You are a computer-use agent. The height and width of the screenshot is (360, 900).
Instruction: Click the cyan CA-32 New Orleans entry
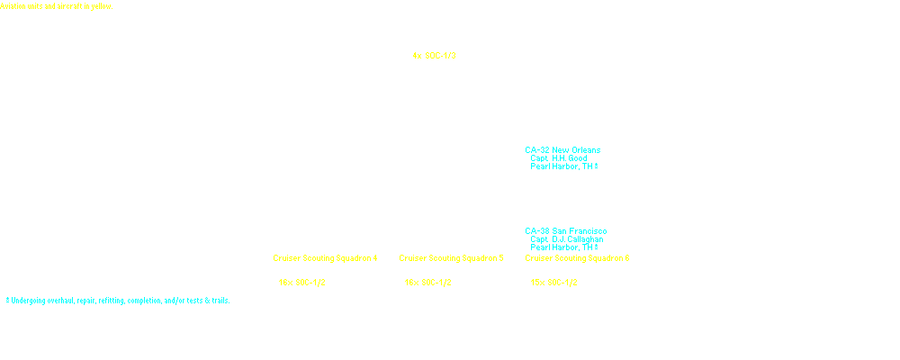[562, 150]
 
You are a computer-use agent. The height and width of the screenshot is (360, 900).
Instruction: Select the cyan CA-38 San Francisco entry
[566, 231]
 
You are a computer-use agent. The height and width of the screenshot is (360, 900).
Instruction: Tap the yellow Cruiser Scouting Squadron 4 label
[325, 258]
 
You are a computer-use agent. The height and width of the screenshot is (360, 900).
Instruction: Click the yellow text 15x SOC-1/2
[556, 283]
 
